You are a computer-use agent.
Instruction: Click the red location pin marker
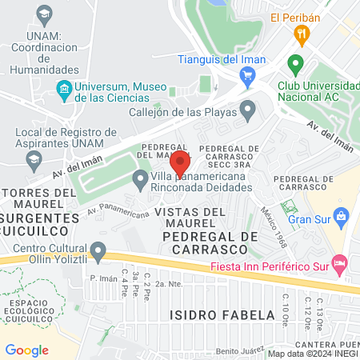pyautogui.click(x=180, y=162)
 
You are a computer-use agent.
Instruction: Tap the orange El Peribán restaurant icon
pyautogui.click(x=302, y=34)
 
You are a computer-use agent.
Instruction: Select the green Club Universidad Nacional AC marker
pyautogui.click(x=295, y=63)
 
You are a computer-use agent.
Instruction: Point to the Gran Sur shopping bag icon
pyautogui.click(x=342, y=215)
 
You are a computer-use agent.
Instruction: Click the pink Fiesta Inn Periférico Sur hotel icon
pyautogui.click(x=339, y=262)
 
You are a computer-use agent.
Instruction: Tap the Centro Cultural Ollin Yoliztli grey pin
pyautogui.click(x=98, y=253)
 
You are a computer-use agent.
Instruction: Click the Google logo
pyautogui.click(x=26, y=350)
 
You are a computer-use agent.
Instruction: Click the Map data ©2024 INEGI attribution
pyautogui.click(x=312, y=354)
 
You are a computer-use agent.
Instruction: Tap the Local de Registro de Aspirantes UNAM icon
pyautogui.click(x=34, y=161)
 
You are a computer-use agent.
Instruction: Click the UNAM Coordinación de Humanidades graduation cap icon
pyautogui.click(x=42, y=14)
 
